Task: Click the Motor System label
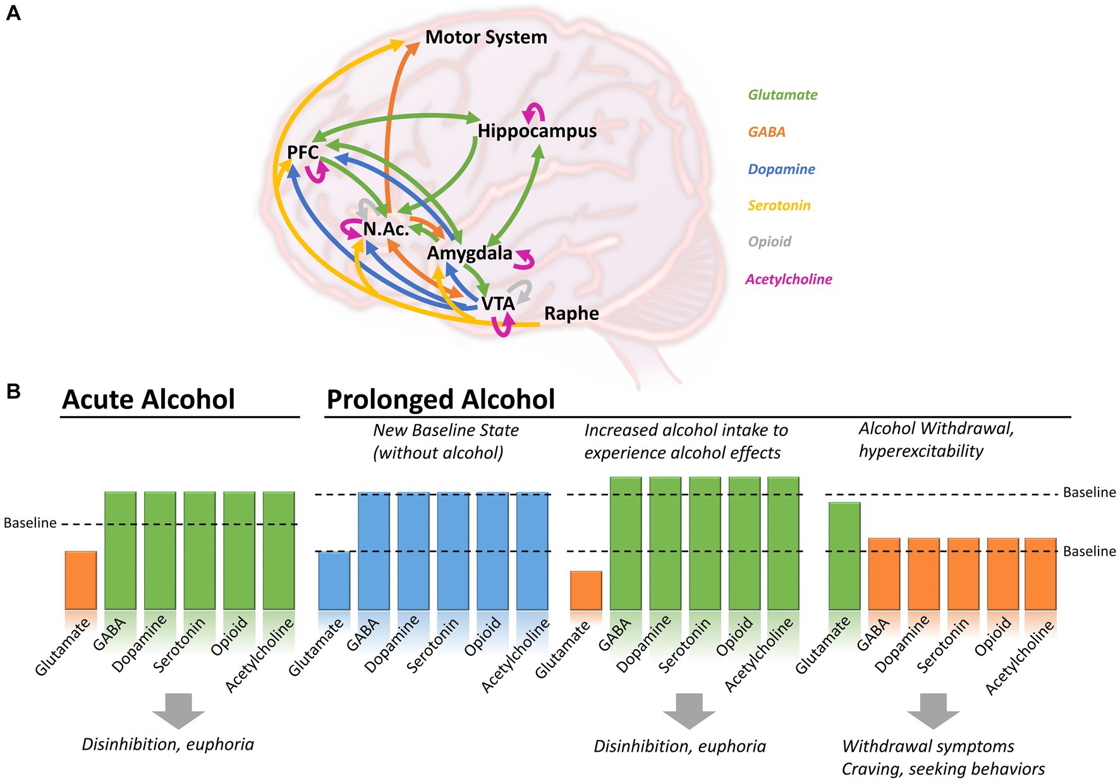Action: click(x=485, y=37)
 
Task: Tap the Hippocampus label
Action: click(x=537, y=131)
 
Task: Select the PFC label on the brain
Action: click(x=303, y=152)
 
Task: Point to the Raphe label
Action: click(x=571, y=314)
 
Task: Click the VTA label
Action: click(x=497, y=304)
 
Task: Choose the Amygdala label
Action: click(x=470, y=254)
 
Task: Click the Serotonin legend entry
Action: click(x=779, y=205)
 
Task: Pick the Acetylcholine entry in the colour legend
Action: click(x=788, y=279)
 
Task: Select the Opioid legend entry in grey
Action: click(x=769, y=241)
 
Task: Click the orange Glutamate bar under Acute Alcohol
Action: click(x=81, y=580)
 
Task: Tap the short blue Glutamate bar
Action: click(x=334, y=580)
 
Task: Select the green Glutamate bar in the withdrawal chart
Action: click(x=844, y=556)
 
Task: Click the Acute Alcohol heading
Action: click(x=149, y=400)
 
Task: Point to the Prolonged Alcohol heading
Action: click(x=441, y=400)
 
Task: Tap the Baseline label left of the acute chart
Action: click(x=30, y=523)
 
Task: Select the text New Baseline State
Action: click(x=446, y=431)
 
